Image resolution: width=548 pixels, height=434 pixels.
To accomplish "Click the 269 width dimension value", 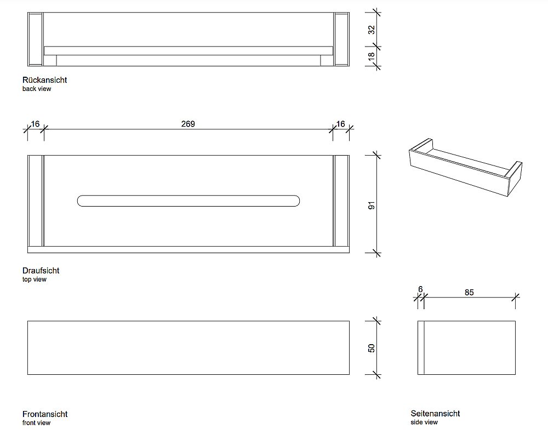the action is (x=188, y=124).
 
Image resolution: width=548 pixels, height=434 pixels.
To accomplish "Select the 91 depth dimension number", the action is (x=372, y=205).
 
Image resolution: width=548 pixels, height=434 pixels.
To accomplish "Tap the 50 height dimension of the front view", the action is (x=372, y=348).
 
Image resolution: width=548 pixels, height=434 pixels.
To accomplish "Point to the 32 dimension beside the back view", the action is (x=372, y=30).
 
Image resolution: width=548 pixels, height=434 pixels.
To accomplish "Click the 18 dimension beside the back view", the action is (x=372, y=55).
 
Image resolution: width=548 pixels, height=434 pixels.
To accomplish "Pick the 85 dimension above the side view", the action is (x=469, y=292).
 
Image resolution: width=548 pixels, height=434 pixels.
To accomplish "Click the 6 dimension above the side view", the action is (x=420, y=289).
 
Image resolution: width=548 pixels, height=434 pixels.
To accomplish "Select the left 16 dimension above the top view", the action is (x=35, y=124).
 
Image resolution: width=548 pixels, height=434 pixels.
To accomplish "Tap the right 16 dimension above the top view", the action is (x=340, y=124).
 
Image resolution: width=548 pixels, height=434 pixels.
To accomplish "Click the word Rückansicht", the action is (x=45, y=80).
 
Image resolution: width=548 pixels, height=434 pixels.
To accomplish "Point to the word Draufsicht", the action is (x=41, y=271).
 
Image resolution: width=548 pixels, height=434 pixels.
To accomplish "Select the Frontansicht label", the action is (x=45, y=414).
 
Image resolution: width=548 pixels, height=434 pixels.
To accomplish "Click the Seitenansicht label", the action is (x=435, y=413).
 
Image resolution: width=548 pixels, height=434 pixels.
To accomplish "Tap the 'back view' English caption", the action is (x=37, y=89).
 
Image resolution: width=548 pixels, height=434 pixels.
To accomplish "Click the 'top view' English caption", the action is (x=34, y=279).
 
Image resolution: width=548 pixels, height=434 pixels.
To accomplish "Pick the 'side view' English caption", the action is (x=424, y=422).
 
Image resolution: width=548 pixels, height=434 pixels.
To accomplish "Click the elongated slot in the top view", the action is (x=189, y=195).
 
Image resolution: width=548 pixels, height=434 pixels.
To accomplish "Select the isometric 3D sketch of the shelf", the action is (x=465, y=167).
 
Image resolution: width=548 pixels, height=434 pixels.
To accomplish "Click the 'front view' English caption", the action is (x=36, y=423).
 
